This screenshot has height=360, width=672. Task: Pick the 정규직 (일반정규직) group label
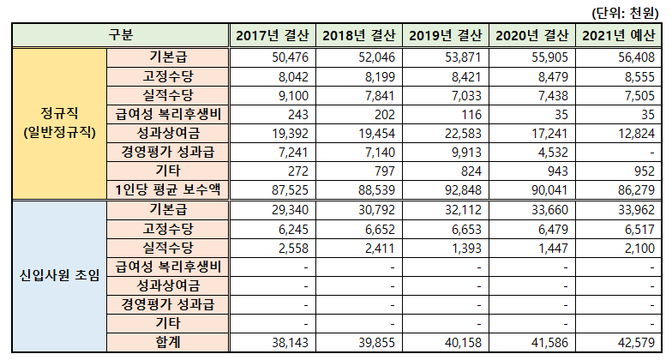(x=58, y=123)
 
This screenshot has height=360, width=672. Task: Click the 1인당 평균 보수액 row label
(x=168, y=189)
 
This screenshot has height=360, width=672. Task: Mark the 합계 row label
(x=168, y=342)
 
